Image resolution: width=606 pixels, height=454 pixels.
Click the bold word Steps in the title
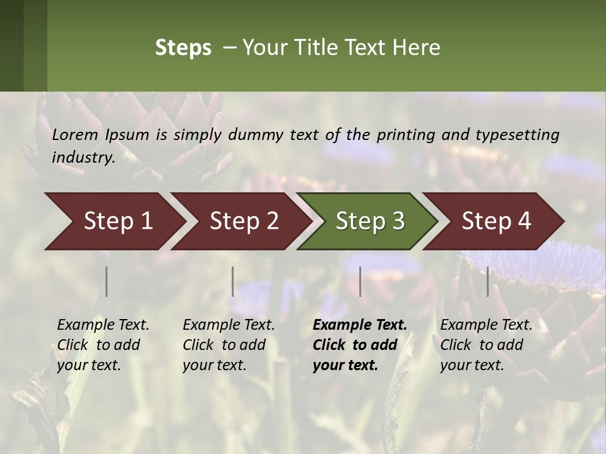pyautogui.click(x=183, y=48)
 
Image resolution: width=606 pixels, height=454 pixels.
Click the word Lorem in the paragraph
pyautogui.click(x=75, y=134)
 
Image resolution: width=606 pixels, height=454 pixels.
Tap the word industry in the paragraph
pyautogui.click(x=83, y=158)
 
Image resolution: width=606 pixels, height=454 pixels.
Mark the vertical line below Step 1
pyautogui.click(x=107, y=281)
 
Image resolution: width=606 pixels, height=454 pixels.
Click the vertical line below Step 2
pyautogui.click(x=233, y=281)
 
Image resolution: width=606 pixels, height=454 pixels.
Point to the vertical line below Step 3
pyautogui.click(x=360, y=281)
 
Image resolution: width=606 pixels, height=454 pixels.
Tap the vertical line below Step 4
pyautogui.click(x=487, y=281)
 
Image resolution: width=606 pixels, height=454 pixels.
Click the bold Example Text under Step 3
pyautogui.click(x=360, y=325)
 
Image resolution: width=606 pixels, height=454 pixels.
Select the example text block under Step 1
pyautogui.click(x=103, y=345)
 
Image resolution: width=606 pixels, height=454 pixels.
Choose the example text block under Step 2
pyautogui.click(x=229, y=345)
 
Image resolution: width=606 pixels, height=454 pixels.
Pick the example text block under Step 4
pyautogui.click(x=486, y=345)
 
